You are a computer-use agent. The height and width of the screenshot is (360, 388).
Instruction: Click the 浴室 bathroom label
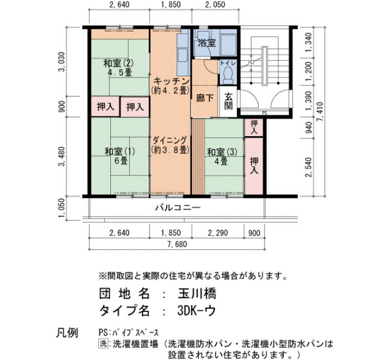point(207,43)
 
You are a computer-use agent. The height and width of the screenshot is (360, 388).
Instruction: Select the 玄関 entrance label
point(228,101)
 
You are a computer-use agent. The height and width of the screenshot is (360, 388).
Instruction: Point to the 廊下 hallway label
point(205,98)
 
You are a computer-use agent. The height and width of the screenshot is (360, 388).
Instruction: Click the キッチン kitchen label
point(171,81)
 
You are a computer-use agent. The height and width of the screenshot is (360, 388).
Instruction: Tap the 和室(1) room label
point(120,151)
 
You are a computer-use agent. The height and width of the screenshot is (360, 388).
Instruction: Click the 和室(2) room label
point(118,63)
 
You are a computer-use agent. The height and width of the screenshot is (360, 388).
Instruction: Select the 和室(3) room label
point(222,152)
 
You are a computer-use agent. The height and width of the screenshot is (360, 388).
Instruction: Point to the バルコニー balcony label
point(178,207)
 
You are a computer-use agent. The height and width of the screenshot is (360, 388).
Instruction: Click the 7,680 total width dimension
point(177,244)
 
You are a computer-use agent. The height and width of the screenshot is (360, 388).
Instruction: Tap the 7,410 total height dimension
point(321,111)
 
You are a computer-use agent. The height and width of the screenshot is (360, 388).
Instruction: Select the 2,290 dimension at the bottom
point(218,233)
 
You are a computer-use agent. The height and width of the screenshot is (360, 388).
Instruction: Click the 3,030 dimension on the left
point(62,61)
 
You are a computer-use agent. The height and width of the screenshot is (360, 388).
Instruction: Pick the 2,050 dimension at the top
point(215,4)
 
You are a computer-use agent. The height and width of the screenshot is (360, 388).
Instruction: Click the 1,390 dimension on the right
point(308,101)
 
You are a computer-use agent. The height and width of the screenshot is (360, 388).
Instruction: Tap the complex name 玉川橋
point(197,294)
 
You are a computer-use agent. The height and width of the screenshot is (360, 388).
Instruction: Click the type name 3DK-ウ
point(196,311)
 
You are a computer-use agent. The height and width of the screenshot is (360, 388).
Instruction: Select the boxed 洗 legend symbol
point(103,343)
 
